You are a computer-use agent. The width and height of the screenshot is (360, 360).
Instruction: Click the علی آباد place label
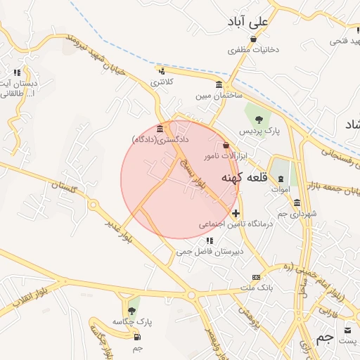click(x=248, y=22)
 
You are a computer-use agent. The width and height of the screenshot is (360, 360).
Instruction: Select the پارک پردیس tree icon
click(x=259, y=119)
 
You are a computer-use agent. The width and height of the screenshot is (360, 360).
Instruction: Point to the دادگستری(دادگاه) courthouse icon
click(x=161, y=129)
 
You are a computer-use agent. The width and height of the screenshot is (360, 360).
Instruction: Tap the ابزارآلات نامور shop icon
click(x=225, y=145)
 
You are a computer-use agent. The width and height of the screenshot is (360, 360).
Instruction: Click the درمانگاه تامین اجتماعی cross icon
click(x=235, y=212)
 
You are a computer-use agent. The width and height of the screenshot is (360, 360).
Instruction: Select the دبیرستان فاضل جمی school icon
click(x=210, y=241)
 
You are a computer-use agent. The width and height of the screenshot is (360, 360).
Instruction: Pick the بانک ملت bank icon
click(x=256, y=277)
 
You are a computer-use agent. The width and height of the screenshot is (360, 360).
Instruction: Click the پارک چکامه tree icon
click(x=131, y=309)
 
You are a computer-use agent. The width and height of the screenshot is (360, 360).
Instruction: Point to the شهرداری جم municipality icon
click(x=297, y=202)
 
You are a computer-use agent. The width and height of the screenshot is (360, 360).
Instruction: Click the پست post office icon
click(x=349, y=329)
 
